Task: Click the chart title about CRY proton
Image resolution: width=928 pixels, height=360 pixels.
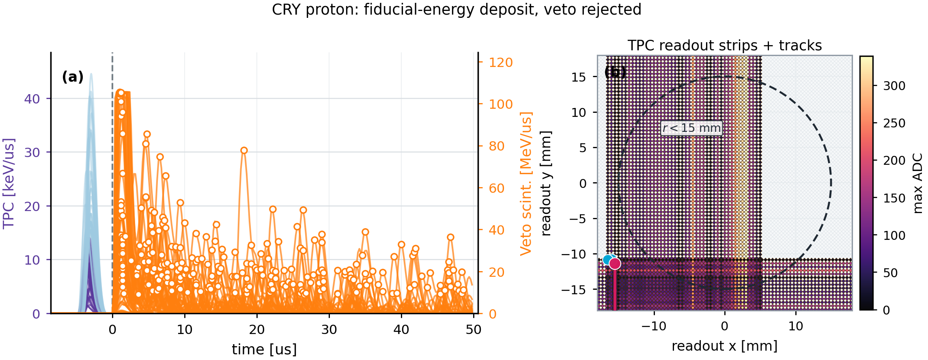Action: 456,10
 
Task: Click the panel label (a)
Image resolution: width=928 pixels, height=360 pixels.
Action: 73,77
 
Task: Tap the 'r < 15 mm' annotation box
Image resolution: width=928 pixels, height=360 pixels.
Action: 692,128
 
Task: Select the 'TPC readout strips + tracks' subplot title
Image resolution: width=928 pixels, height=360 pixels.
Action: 725,45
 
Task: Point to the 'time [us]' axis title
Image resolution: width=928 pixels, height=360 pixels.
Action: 264,349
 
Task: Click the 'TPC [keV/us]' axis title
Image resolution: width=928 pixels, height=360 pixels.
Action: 9,183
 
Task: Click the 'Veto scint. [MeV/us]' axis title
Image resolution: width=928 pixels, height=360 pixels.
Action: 526,183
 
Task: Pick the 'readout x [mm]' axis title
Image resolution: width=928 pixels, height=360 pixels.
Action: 725,346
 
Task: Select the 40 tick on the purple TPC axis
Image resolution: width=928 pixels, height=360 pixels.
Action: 32,99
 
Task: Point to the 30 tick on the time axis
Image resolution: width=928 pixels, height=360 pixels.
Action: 329,329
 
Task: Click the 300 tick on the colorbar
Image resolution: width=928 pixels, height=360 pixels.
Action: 894,86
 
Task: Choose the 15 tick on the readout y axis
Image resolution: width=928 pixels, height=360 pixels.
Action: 579,77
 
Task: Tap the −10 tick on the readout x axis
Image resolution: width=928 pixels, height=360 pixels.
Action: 654,326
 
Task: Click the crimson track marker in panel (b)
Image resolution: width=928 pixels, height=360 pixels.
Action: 615,263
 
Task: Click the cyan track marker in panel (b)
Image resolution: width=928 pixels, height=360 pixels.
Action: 607,260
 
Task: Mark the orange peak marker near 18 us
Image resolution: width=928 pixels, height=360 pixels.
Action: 244,151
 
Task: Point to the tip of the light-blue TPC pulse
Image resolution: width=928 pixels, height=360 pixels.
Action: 91,73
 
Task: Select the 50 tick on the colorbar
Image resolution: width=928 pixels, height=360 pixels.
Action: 891,273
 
